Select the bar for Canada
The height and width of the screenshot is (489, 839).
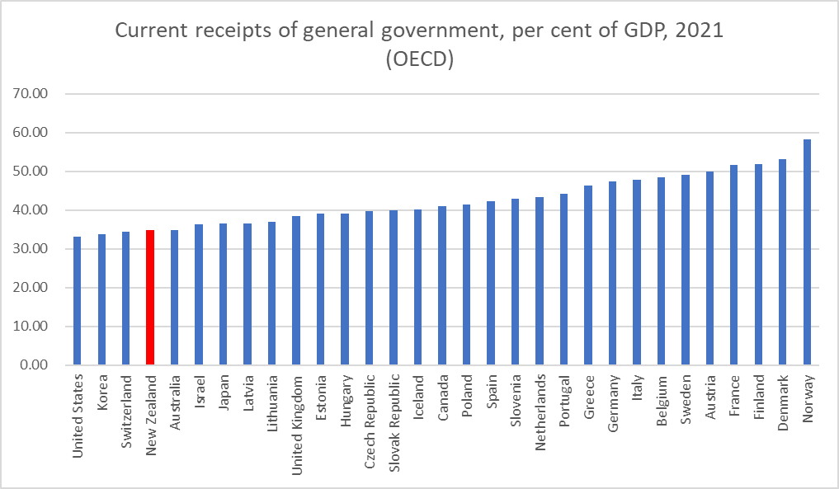click(x=442, y=285)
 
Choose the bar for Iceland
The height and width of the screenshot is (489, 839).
click(x=418, y=287)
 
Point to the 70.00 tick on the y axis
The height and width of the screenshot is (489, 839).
click(x=33, y=93)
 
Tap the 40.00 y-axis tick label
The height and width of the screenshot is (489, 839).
click(x=33, y=210)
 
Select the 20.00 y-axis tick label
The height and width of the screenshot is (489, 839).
click(x=33, y=288)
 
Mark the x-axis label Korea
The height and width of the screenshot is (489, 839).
click(x=101, y=391)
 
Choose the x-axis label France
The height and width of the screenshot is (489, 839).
click(x=734, y=393)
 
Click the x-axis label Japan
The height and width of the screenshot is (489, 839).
click(x=224, y=393)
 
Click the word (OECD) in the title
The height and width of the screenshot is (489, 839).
click(x=419, y=61)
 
